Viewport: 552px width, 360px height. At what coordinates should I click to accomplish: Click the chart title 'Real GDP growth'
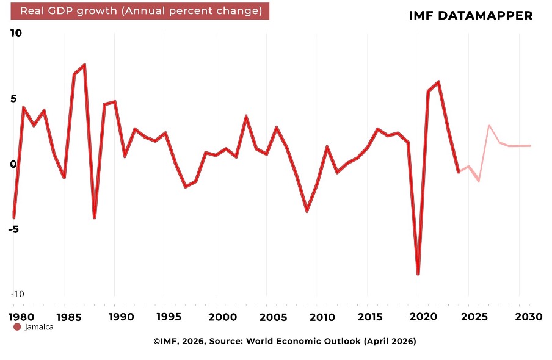pyautogui.click(x=68, y=11)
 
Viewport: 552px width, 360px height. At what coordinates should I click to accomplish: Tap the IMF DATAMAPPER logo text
pyautogui.click(x=471, y=15)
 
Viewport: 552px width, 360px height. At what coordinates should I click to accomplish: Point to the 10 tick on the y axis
pyautogui.click(x=16, y=33)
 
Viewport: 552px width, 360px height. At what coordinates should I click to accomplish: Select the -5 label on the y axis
pyautogui.click(x=13, y=229)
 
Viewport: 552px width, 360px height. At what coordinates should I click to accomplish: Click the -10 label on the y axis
pyautogui.click(x=17, y=294)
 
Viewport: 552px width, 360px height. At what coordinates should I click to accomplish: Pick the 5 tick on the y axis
pyautogui.click(x=13, y=98)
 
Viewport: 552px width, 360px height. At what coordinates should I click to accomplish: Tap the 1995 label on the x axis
pyautogui.click(x=169, y=317)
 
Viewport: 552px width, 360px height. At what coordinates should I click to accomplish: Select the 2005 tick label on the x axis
pyautogui.click(x=273, y=317)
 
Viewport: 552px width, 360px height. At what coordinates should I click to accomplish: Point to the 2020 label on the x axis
pyautogui.click(x=424, y=317)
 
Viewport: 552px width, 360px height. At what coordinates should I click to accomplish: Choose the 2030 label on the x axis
pyautogui.click(x=529, y=317)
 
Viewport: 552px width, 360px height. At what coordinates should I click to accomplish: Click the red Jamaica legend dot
pyautogui.click(x=17, y=327)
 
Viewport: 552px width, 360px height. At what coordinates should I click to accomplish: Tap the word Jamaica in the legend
pyautogui.click(x=39, y=327)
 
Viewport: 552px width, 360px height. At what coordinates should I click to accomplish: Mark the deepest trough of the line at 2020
pyautogui.click(x=418, y=274)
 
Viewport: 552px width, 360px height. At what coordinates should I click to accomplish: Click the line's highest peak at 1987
pyautogui.click(x=84, y=65)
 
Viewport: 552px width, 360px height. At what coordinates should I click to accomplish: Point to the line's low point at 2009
pyautogui.click(x=307, y=211)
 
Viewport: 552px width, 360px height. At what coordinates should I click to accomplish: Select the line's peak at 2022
pyautogui.click(x=438, y=82)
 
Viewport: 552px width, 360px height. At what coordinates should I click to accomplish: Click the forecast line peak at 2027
pyautogui.click(x=489, y=126)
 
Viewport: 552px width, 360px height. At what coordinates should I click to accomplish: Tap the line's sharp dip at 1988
pyautogui.click(x=95, y=217)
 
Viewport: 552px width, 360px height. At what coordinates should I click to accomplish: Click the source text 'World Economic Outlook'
pyautogui.click(x=303, y=341)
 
